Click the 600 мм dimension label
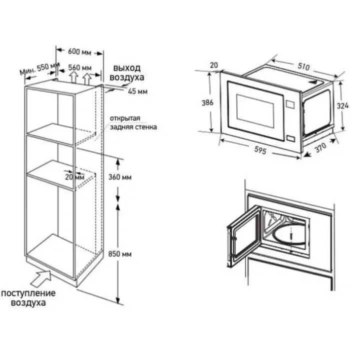pos(79,52)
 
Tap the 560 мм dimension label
pos(79,67)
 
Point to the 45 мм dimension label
pos(137,91)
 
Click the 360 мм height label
pos(120,177)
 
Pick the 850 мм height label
pos(120,254)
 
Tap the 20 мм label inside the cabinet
pos(74,177)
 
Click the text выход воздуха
pos(126,73)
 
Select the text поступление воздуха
pos(28,297)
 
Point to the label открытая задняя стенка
pos(133,122)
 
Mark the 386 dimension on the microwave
pos(207,102)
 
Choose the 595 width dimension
pos(260,150)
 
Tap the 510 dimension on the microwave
pos(303,66)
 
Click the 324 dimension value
pos(342,105)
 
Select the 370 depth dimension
pos(320,147)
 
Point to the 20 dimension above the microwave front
pos(214,65)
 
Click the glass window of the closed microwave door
pos(255,111)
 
